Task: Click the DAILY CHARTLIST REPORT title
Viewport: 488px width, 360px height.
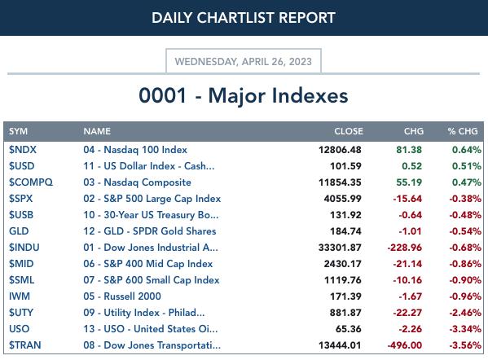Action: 244,18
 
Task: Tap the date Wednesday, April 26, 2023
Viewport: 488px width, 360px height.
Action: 244,62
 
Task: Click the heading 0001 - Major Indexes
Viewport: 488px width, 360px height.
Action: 244,95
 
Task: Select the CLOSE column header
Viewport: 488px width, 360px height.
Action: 349,131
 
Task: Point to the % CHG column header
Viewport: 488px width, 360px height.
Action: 463,131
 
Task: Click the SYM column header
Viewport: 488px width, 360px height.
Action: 19,131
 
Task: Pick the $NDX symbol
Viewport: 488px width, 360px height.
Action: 23,150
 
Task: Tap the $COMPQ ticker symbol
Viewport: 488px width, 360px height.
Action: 31,182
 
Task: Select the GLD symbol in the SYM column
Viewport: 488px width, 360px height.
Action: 19,231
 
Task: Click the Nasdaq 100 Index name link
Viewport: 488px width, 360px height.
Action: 135,150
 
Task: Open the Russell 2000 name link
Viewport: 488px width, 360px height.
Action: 122,296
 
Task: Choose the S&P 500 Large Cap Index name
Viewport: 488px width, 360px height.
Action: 152,199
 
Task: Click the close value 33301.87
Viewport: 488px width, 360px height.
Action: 340,248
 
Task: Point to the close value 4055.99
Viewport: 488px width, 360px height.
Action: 343,199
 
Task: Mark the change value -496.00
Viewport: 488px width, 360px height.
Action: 405,345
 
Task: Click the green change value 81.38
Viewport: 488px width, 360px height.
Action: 409,150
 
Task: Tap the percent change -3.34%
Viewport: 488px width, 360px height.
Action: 465,329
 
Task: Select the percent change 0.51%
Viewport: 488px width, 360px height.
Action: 467,166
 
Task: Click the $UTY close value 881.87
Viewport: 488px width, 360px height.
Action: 345,313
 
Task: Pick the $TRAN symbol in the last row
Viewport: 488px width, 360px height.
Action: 25,345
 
